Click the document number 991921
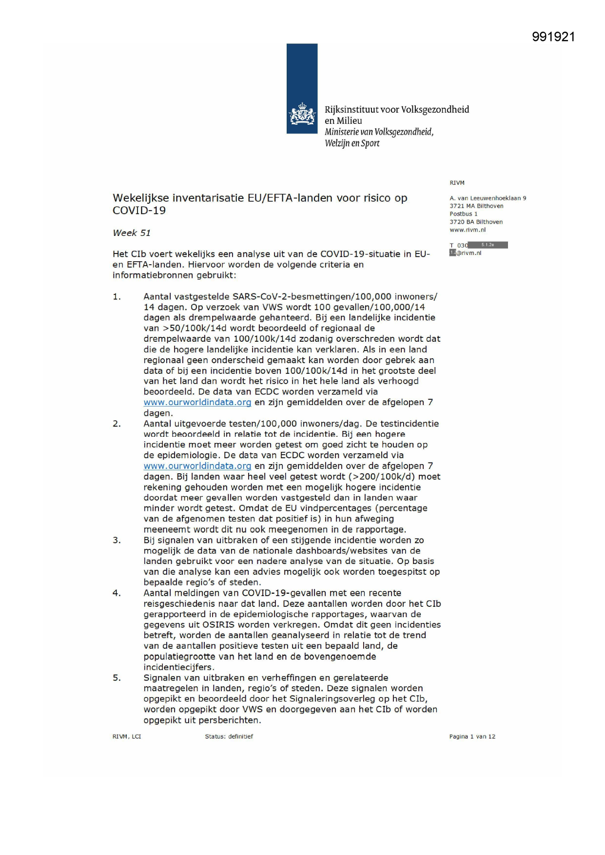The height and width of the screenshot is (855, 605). pos(553,37)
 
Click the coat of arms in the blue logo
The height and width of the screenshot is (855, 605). pos(302,115)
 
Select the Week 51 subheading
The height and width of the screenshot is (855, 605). pos(132,233)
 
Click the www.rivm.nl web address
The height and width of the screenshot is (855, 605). pos(468,230)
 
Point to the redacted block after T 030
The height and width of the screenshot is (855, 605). pos(488,245)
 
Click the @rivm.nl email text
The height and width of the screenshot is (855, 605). pos(468,253)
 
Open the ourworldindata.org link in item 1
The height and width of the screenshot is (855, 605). pos(197,403)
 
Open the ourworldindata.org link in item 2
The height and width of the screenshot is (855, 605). pos(197,466)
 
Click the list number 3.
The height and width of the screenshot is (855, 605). pos(117,540)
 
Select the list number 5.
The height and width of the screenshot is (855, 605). pos(117,678)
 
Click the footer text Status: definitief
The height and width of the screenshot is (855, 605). pos(229,737)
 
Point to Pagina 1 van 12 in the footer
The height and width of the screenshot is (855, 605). pos(472,737)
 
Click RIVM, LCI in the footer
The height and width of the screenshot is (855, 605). pos(127,737)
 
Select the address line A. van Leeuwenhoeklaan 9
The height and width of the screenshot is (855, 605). pos(488,198)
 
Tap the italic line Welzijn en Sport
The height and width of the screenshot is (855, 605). pos(352,143)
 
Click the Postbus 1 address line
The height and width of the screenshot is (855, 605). pos(463,214)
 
